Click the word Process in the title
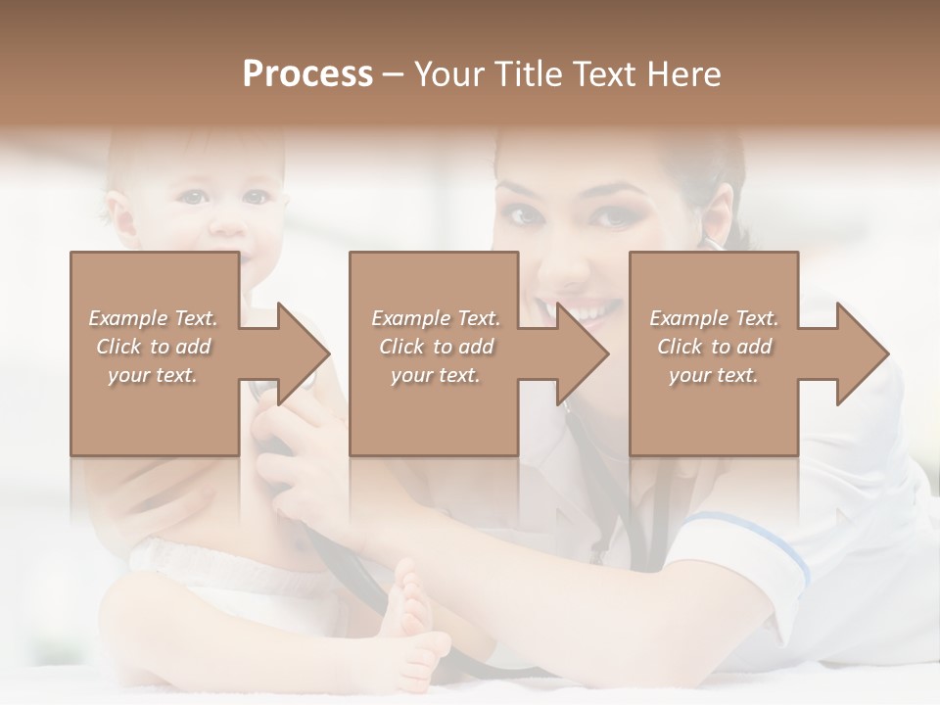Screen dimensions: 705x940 (307, 73)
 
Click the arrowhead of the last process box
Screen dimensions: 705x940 (861, 353)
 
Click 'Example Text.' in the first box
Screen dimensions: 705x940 (153, 318)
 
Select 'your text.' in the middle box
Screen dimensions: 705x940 (435, 375)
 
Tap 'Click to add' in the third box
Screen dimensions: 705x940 (714, 347)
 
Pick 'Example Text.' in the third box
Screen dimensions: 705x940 (714, 318)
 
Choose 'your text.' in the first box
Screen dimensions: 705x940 (153, 375)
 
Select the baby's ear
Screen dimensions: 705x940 (117, 215)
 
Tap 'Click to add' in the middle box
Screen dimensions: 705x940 (435, 347)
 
